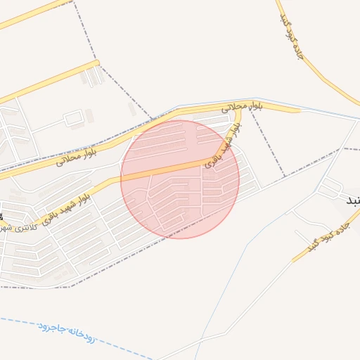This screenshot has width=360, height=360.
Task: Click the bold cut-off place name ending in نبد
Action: pyautogui.click(x=352, y=200)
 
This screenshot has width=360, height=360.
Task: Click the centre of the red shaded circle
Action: pyautogui.click(x=180, y=179)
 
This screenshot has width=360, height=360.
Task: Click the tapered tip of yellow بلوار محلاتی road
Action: pyautogui.click(x=300, y=110)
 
